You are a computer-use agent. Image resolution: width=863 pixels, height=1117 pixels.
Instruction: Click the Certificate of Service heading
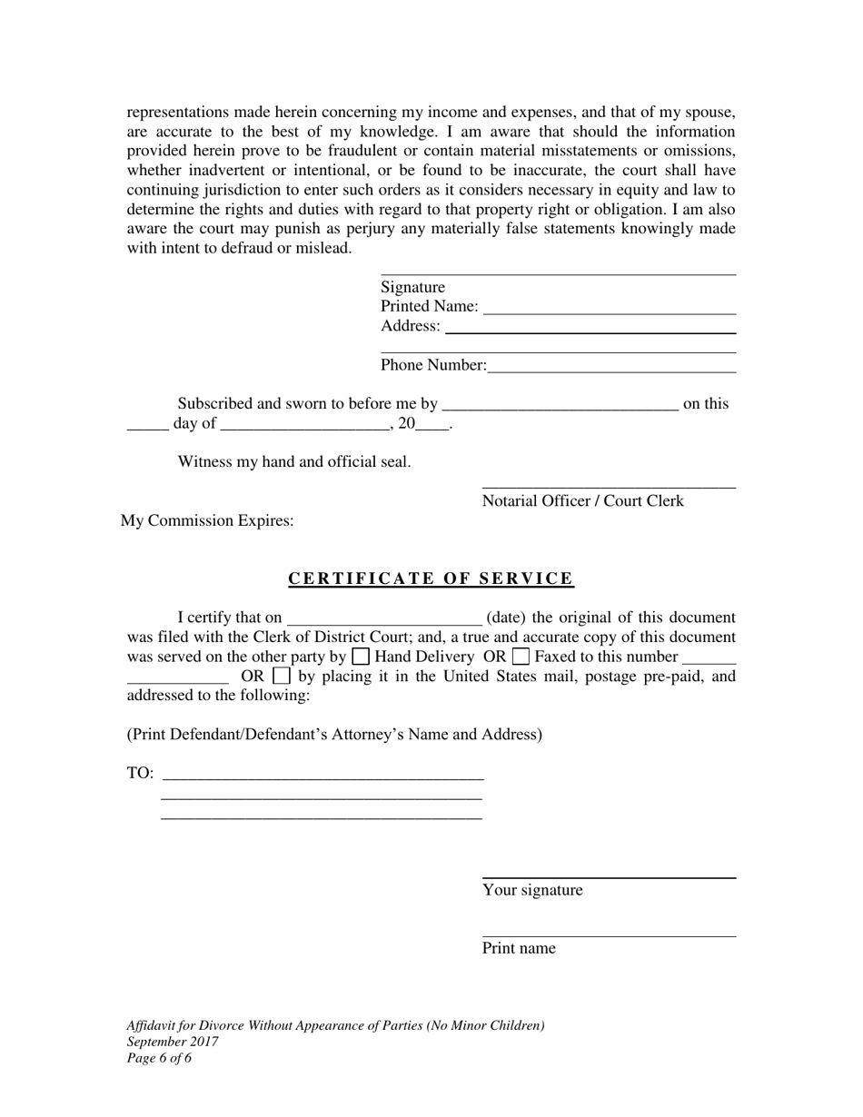[x=431, y=578]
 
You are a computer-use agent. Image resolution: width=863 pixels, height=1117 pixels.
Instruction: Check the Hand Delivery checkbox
[x=360, y=657]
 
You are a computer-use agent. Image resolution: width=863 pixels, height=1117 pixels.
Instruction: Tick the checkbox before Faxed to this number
[x=521, y=657]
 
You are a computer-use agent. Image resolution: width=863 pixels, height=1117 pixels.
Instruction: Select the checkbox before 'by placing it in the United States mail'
[x=282, y=676]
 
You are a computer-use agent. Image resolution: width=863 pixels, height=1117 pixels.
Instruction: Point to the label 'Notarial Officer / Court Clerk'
[x=582, y=501]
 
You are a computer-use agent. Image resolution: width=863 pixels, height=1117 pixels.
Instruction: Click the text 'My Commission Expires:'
[x=207, y=521]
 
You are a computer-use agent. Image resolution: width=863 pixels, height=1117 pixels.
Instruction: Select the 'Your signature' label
[x=532, y=890]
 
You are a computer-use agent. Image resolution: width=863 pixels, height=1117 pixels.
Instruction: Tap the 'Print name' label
[x=519, y=948]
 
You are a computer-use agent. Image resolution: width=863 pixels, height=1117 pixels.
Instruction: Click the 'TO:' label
[x=140, y=774]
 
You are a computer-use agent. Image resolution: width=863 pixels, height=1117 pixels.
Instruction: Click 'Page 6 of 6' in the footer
[x=159, y=1058]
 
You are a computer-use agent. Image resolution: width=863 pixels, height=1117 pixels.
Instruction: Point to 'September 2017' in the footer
[x=173, y=1042]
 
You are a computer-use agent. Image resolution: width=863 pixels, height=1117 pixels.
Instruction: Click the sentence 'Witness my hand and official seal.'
[x=294, y=461]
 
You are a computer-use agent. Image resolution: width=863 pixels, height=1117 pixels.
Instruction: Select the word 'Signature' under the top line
[x=412, y=288]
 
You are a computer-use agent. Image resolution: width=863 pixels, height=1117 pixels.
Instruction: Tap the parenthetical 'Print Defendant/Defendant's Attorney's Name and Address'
[x=334, y=734]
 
